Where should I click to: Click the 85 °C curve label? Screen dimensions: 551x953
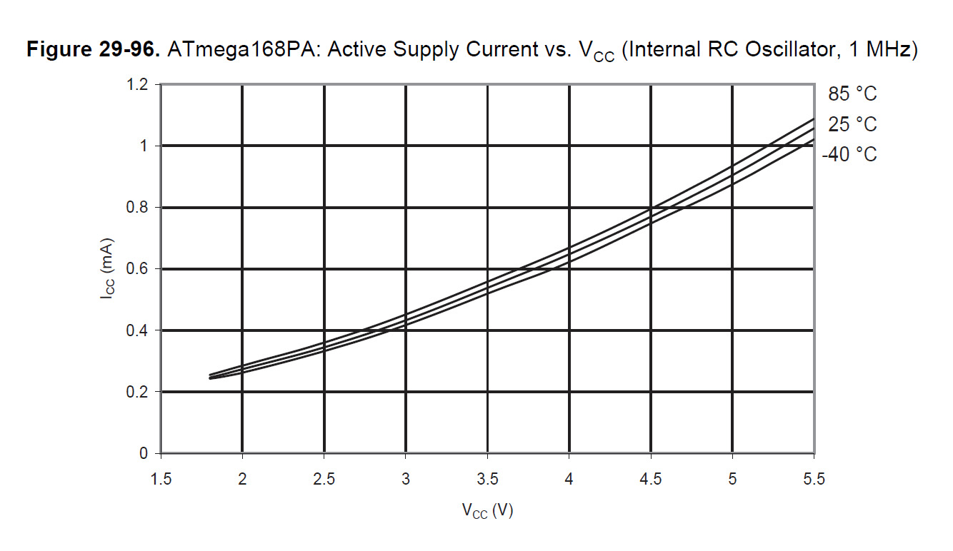click(x=852, y=93)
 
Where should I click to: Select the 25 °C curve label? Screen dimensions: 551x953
click(x=852, y=124)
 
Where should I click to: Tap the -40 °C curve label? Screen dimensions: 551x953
click(x=849, y=154)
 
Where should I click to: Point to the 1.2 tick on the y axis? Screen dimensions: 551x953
click(x=139, y=85)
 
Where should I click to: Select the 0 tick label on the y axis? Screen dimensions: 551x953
click(x=144, y=454)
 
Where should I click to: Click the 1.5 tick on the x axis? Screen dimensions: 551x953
click(x=161, y=478)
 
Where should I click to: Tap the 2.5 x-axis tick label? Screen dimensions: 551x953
click(x=324, y=478)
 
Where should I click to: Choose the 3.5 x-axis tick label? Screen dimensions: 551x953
click(x=487, y=478)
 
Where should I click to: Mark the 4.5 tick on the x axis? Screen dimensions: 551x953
click(x=650, y=478)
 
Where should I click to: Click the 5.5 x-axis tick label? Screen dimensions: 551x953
click(x=813, y=478)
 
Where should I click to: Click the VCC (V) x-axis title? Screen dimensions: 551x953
click(x=487, y=511)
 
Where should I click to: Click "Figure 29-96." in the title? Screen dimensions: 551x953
click(x=93, y=51)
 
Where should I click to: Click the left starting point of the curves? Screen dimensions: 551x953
click(x=210, y=376)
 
